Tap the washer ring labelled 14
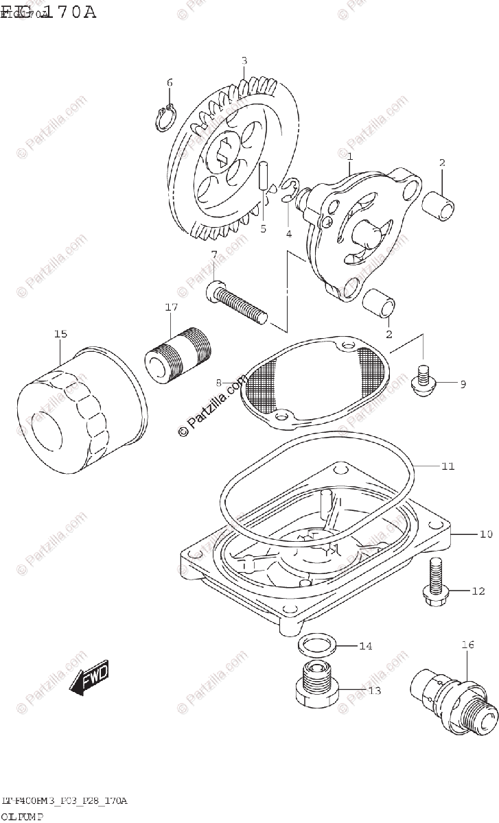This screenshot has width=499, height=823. [316, 645]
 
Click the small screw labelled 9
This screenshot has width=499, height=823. [422, 381]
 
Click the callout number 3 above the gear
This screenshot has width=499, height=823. [244, 61]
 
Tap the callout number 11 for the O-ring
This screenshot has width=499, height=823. [448, 467]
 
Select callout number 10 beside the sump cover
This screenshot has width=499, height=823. [467, 533]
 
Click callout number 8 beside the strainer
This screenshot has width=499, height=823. [218, 381]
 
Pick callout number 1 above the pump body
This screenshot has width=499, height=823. [349, 156]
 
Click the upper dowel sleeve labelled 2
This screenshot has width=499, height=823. [439, 204]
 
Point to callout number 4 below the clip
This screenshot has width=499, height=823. [289, 233]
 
